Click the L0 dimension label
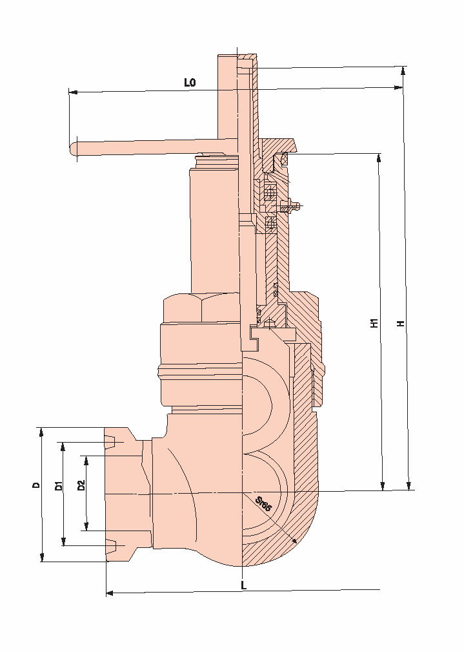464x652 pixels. pos(190,83)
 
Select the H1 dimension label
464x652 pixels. pos(374,322)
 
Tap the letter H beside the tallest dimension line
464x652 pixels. pos(401,322)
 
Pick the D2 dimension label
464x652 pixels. pos(81,486)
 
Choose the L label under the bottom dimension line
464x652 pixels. pos(243,584)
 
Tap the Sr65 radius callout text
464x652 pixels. pos(263,504)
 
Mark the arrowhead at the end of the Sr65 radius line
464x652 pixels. pos(294,542)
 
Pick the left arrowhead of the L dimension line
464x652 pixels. pos(110,592)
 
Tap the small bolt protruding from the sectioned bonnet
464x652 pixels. pos(292,207)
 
